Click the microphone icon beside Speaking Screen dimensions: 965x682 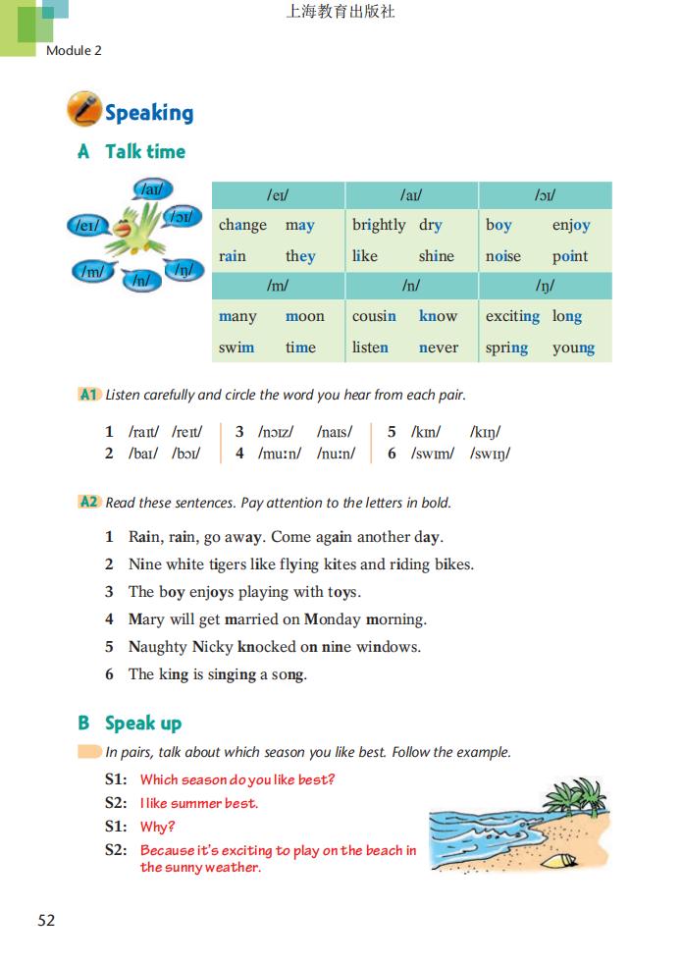coord(83,109)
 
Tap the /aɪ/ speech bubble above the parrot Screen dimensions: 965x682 coord(151,189)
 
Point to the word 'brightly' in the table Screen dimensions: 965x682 coord(379,225)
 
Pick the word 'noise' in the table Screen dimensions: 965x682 coord(503,256)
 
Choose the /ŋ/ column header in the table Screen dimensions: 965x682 coord(545,286)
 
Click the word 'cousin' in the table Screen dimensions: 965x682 coord(374,316)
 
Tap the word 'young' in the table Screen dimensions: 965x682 coord(573,348)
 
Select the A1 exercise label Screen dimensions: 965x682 coord(89,395)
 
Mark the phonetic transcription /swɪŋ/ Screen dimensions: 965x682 coord(490,454)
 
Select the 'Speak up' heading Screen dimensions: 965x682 coord(143,724)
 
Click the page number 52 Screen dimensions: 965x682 coord(46,921)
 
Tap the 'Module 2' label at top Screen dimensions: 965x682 coord(74,50)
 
